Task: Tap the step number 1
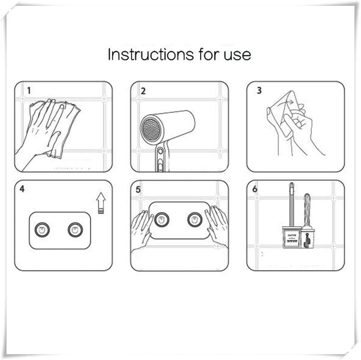coord(29,91)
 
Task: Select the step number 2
coord(143,91)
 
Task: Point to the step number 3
coord(259,91)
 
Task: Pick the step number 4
coord(22,189)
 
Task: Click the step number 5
coord(138,189)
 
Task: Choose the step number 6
coord(255,189)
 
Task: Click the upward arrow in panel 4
coord(101,203)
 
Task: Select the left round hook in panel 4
coord(42,229)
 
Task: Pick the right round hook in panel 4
coord(75,229)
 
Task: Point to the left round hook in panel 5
coord(162,219)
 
